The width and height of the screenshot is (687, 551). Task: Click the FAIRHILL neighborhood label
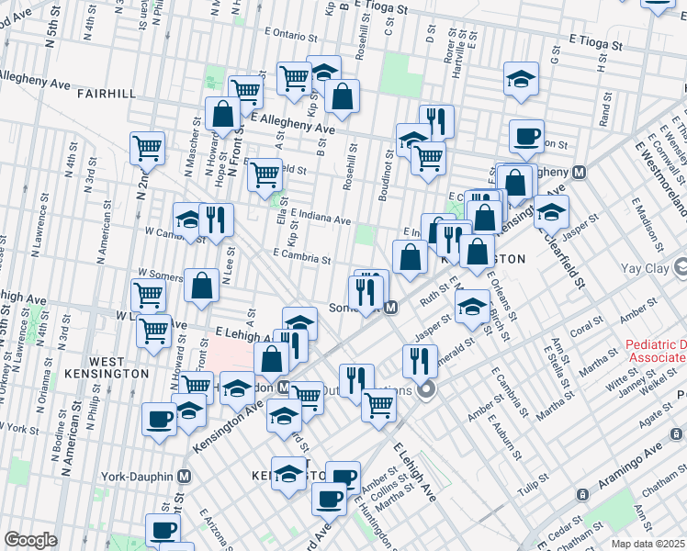(107, 94)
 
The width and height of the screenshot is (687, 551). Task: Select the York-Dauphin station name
(139, 477)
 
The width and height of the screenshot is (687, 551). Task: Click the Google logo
(30, 540)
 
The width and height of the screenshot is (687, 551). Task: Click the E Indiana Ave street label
(321, 218)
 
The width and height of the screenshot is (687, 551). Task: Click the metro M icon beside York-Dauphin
(185, 477)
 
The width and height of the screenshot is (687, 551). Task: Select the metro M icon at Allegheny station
(580, 172)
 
